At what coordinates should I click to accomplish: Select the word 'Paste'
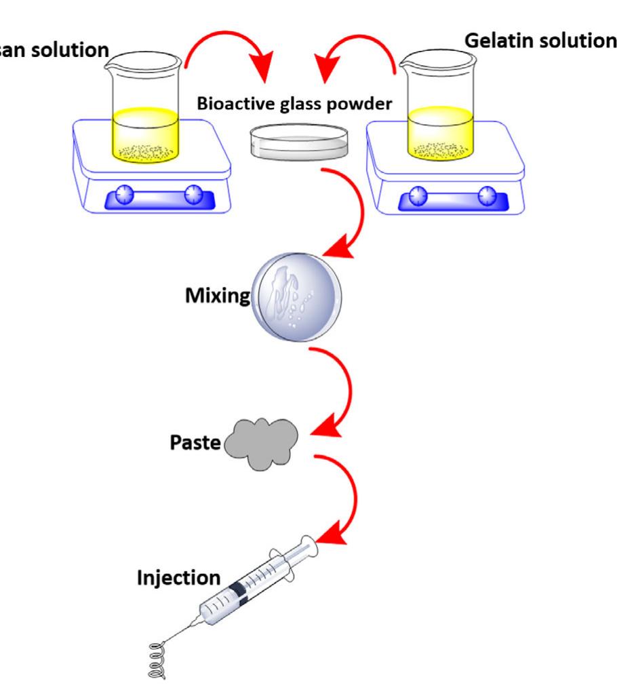click(x=195, y=444)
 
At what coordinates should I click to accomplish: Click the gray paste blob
click(x=262, y=443)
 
